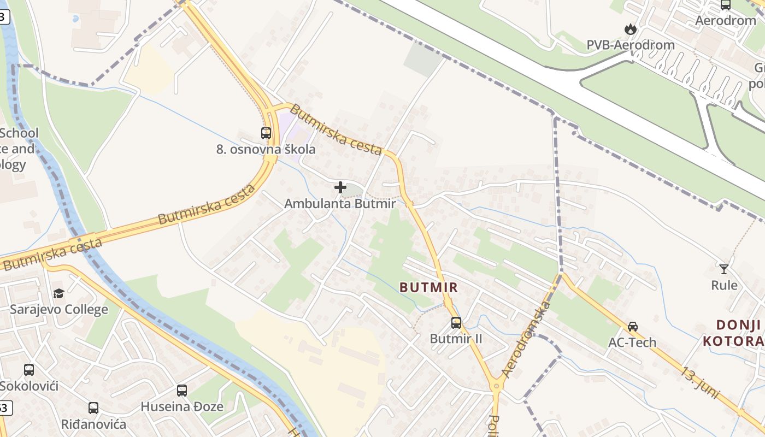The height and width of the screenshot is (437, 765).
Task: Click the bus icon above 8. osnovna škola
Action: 266,133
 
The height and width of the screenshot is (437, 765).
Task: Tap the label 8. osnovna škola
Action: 266,149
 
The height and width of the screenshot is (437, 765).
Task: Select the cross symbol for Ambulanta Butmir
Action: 340,187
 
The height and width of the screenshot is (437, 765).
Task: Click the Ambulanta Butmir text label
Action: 340,204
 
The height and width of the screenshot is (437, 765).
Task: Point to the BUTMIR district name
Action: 428,287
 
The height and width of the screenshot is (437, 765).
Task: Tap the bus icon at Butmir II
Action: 456,322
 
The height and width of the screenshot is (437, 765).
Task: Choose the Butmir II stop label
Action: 456,339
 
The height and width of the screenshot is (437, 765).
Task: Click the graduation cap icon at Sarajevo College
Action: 58,293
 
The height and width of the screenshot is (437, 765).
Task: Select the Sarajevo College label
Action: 59,310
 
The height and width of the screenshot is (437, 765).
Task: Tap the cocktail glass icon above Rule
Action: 724,269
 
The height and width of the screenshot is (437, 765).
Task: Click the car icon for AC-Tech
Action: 633,326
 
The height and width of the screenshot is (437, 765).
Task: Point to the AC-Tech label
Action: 632,342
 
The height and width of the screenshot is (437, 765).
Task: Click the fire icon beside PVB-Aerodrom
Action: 631,28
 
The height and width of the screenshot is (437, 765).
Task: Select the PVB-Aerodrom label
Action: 631,45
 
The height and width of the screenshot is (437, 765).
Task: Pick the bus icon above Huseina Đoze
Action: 182,390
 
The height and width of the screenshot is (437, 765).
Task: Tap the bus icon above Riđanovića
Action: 93,408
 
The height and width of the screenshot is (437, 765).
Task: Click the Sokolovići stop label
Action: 29,386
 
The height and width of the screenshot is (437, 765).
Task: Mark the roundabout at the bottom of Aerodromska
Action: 496,385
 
